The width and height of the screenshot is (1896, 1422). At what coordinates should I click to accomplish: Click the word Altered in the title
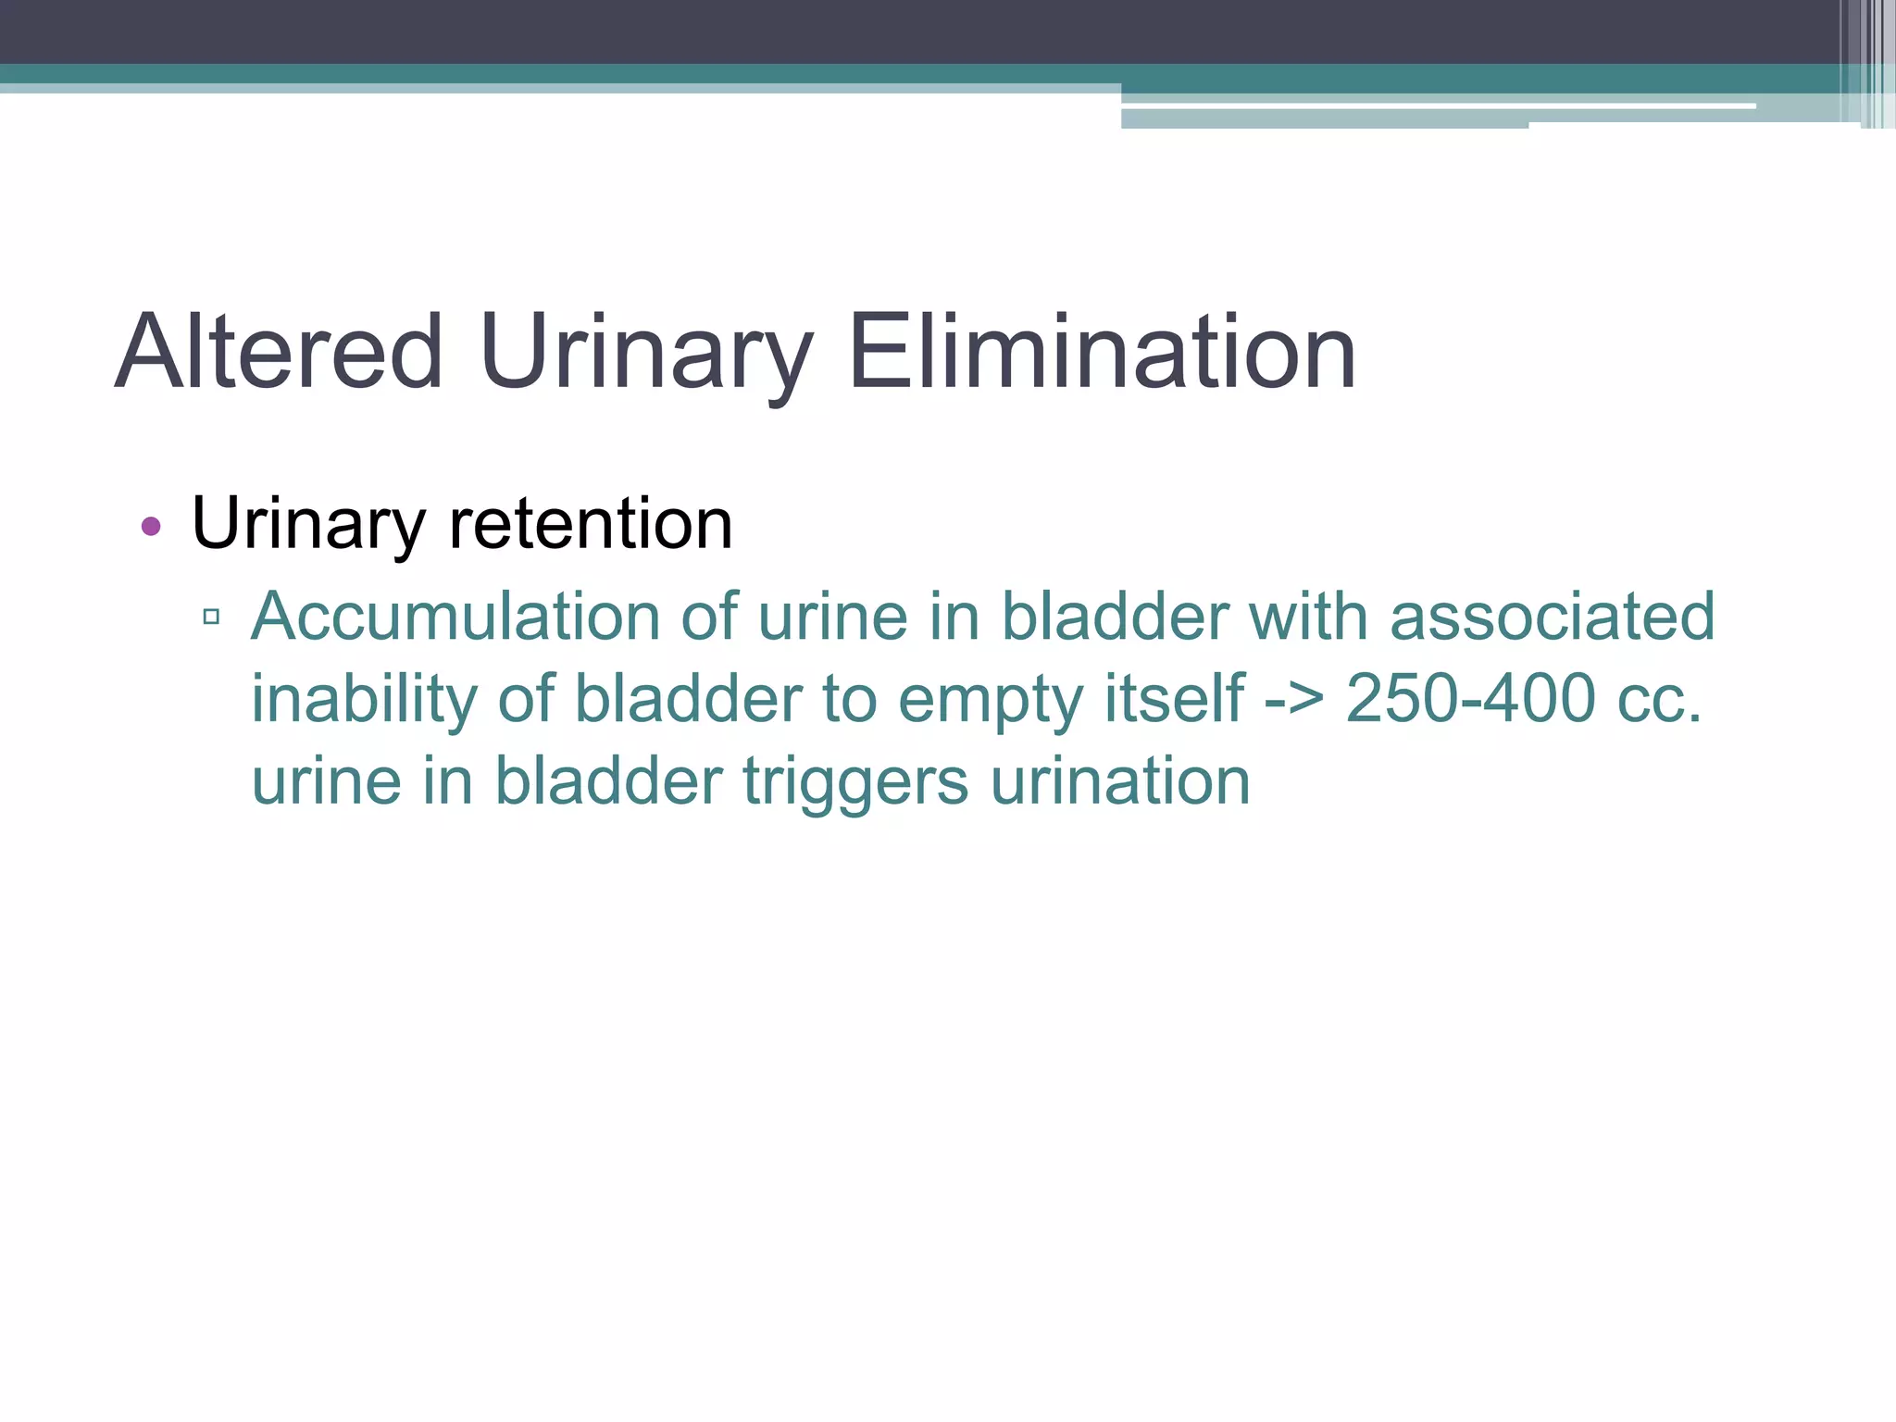279,353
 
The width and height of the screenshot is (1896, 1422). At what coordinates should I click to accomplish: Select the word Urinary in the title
645,353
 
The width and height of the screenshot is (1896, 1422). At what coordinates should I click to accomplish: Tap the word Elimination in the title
1102,353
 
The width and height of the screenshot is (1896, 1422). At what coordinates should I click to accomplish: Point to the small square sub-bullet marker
211,617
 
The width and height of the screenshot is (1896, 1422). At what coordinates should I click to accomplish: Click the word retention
591,524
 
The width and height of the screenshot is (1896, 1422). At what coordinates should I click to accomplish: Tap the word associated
1553,617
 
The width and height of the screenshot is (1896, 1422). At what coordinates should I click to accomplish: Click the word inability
364,698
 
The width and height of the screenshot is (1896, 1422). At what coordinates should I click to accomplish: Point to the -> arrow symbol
1294,700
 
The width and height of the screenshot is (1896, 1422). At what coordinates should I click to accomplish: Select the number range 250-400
1470,698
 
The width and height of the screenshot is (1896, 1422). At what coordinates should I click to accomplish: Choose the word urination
1120,781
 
